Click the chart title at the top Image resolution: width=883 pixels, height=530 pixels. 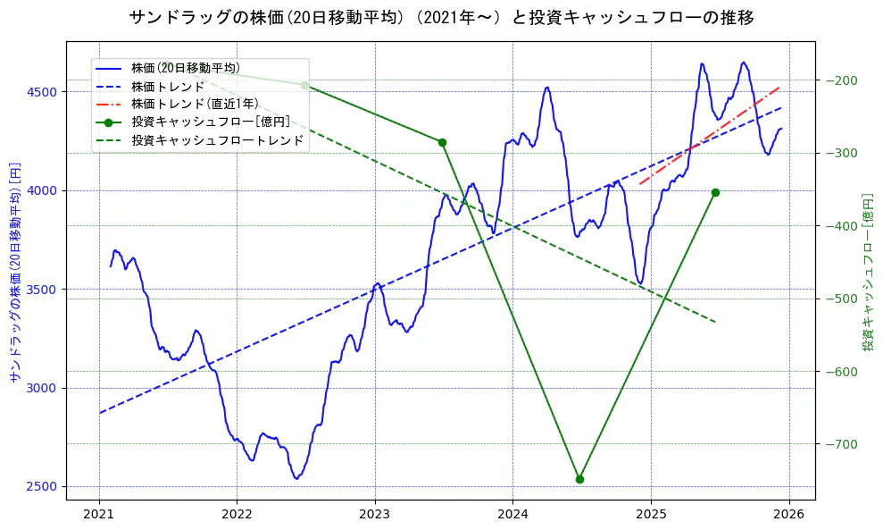pos(441,17)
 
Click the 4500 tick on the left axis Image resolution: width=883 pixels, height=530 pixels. pos(41,92)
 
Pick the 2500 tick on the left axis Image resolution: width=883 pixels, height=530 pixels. pos(41,487)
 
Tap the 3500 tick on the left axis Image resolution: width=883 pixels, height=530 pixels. pos(41,290)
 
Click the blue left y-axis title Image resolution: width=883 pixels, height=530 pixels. pos(14,272)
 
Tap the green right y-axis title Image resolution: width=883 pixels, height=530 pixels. pos(868,272)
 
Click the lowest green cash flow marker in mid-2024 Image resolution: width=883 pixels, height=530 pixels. pos(579,479)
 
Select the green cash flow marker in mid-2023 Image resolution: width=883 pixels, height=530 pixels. pos(442,142)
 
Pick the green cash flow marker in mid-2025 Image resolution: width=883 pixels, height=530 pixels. pos(715,192)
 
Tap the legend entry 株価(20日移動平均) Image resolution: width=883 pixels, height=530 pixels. pos(184,68)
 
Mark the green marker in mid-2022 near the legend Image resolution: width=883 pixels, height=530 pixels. pos(304,85)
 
